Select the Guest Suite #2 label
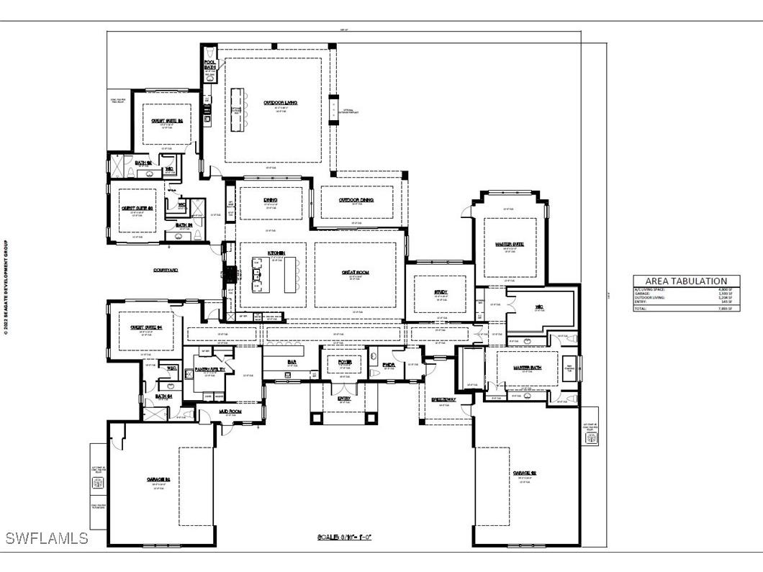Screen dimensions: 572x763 [x=166, y=121]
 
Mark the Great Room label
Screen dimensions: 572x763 [x=355, y=272]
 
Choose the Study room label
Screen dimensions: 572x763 [x=441, y=292]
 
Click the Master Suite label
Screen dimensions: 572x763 [x=510, y=245]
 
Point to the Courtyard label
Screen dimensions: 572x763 [x=166, y=270]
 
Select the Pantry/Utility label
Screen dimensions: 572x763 [x=209, y=368]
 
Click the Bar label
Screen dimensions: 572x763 [x=292, y=362]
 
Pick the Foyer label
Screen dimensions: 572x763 [x=343, y=362]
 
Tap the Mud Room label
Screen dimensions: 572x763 [x=230, y=412]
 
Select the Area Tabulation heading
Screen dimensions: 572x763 [x=686, y=281]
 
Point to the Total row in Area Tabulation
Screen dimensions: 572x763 [x=686, y=308]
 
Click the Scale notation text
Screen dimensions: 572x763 [x=344, y=537]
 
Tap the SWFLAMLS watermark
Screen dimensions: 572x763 [x=46, y=538]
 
